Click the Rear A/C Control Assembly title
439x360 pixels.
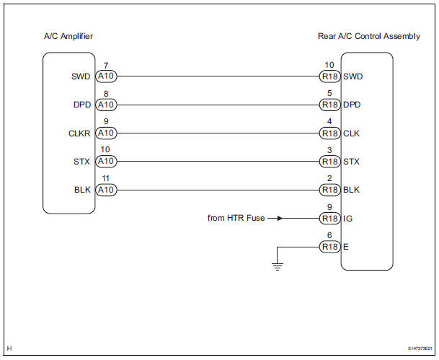tap(369, 36)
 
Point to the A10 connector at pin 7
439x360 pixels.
tap(105, 75)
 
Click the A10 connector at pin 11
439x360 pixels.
tap(105, 190)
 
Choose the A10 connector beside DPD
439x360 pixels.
tap(105, 104)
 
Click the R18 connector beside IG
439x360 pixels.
tap(329, 218)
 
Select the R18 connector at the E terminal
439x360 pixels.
tap(329, 247)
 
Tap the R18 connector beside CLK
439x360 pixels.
tap(329, 133)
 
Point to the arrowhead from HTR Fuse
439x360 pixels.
tap(278, 218)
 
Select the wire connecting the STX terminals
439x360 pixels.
tap(216, 161)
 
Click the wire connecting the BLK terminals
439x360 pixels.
tap(216, 190)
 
